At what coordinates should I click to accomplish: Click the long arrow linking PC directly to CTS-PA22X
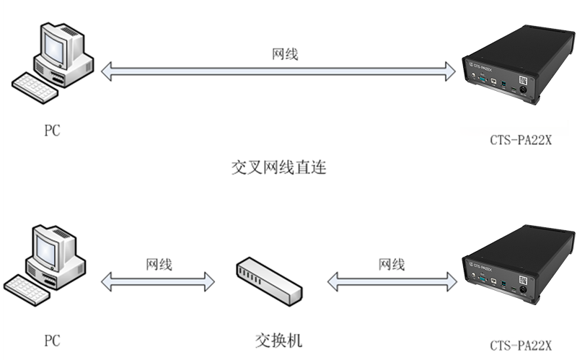pyautogui.click(x=278, y=71)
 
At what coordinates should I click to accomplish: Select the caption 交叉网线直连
pyautogui.click(x=278, y=169)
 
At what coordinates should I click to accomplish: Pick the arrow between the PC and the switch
pyautogui.click(x=158, y=281)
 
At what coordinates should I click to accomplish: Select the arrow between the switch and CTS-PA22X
pyautogui.click(x=392, y=281)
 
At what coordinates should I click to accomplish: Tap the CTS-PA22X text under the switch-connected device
pyautogui.click(x=520, y=346)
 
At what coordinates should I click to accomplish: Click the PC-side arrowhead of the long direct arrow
pyautogui.click(x=107, y=71)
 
